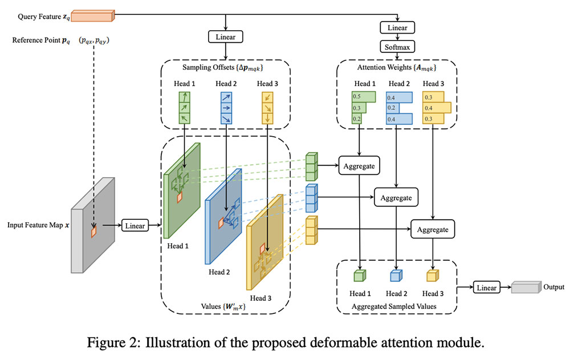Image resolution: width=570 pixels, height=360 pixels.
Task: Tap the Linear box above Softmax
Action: point(397,27)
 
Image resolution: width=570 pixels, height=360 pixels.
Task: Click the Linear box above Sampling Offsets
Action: point(227,37)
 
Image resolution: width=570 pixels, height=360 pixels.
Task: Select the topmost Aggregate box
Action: point(359,166)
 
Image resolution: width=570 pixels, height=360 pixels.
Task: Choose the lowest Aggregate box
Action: point(433,230)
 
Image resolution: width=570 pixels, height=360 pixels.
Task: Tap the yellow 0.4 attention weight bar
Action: point(437,107)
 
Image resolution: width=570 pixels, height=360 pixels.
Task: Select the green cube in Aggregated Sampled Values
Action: point(359,276)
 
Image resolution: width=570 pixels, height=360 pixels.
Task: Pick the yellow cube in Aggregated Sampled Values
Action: point(432,276)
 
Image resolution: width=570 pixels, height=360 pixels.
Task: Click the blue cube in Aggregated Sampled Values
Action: point(396,276)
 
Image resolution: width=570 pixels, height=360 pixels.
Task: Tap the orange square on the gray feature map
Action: point(93,232)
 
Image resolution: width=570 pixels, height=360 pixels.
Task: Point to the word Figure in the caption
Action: point(106,343)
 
